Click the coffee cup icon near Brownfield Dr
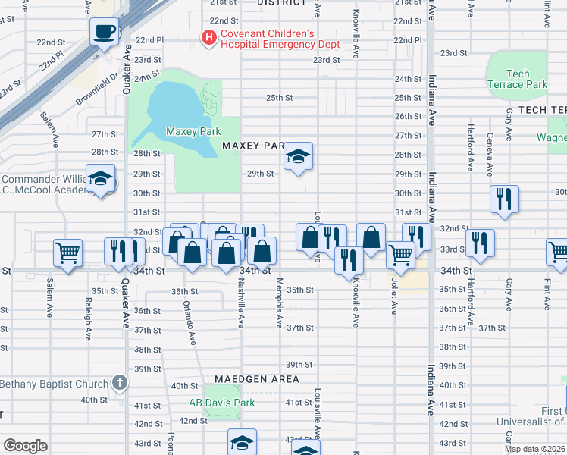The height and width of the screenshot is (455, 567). [x=105, y=32]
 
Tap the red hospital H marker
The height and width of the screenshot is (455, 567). [x=206, y=36]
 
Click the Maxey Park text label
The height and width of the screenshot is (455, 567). [x=193, y=131]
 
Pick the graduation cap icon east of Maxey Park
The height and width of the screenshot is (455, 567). [x=299, y=157]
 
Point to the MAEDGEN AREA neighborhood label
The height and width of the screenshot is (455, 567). [x=256, y=378]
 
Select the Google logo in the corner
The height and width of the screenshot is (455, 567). [x=25, y=446]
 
